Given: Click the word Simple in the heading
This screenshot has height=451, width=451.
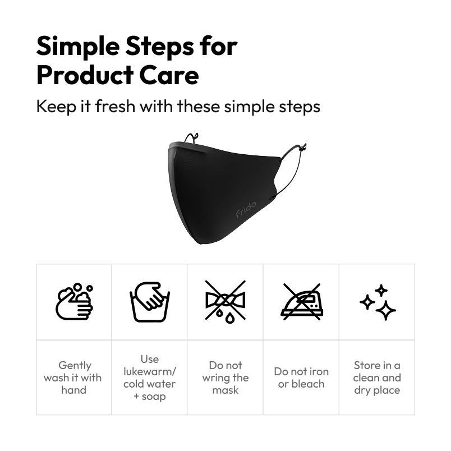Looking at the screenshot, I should click(81, 47).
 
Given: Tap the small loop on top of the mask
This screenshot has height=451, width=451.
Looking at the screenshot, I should click(192, 137).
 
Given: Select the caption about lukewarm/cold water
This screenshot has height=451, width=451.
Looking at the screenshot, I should click(150, 378).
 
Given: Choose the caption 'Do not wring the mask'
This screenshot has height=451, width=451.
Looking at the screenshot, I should click(225, 378).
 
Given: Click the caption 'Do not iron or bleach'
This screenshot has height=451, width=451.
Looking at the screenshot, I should click(301, 378).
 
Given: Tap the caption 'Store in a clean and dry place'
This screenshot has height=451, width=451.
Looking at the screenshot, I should click(377, 378).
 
